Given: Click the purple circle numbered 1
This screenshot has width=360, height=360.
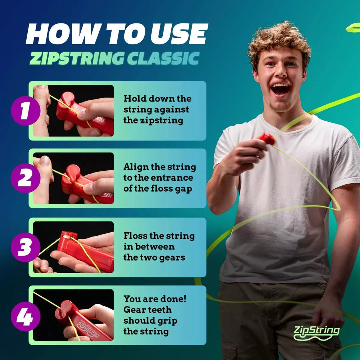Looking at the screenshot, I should (x=24, y=111).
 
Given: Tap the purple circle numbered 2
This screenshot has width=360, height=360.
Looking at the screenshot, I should (x=24, y=179).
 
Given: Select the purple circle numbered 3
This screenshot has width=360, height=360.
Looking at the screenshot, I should (x=24, y=248).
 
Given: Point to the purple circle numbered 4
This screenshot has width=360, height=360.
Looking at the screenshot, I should (x=24, y=317).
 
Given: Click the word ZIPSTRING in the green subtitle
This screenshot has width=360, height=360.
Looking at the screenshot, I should (x=76, y=58).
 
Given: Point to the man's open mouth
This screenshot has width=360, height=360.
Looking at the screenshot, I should (x=280, y=89).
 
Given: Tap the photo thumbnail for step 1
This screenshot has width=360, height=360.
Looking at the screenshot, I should (x=73, y=111).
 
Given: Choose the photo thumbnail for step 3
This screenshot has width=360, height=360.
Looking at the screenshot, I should (x=73, y=247).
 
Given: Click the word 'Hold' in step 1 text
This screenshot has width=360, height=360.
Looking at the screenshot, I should (x=135, y=99).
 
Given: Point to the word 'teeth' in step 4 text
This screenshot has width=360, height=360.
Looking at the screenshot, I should (x=158, y=310).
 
